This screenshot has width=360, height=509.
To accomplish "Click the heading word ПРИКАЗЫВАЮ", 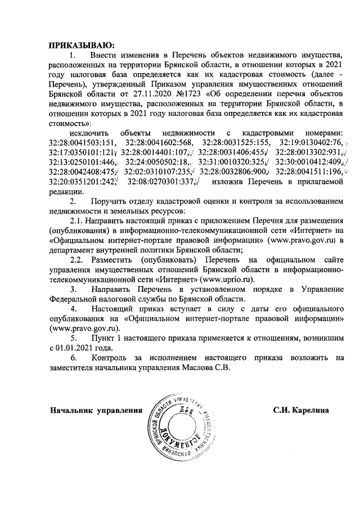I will tap(82, 44).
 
